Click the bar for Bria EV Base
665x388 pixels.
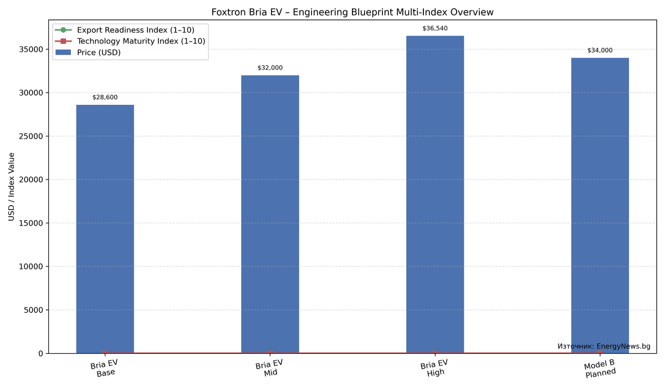tap(105, 228)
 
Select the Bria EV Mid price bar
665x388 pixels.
tap(270, 214)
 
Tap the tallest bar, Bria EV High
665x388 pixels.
tap(435, 194)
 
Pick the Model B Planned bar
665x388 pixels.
tap(600, 205)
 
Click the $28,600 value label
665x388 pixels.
tap(105, 98)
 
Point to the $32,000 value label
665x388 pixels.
tap(270, 68)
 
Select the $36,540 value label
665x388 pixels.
tap(435, 28)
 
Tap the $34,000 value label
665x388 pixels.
tap(600, 50)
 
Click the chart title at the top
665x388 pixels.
tap(352, 12)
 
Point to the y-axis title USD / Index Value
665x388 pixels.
tap(12, 187)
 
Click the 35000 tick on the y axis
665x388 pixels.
tap(32, 49)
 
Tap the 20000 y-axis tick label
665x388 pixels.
tap(32, 180)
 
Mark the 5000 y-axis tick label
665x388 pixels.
tap(34, 310)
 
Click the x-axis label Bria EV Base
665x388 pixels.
tap(105, 369)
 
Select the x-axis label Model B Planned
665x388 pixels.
tap(600, 369)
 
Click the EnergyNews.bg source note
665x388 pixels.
tap(603, 346)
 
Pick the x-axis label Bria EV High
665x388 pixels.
tap(435, 369)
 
